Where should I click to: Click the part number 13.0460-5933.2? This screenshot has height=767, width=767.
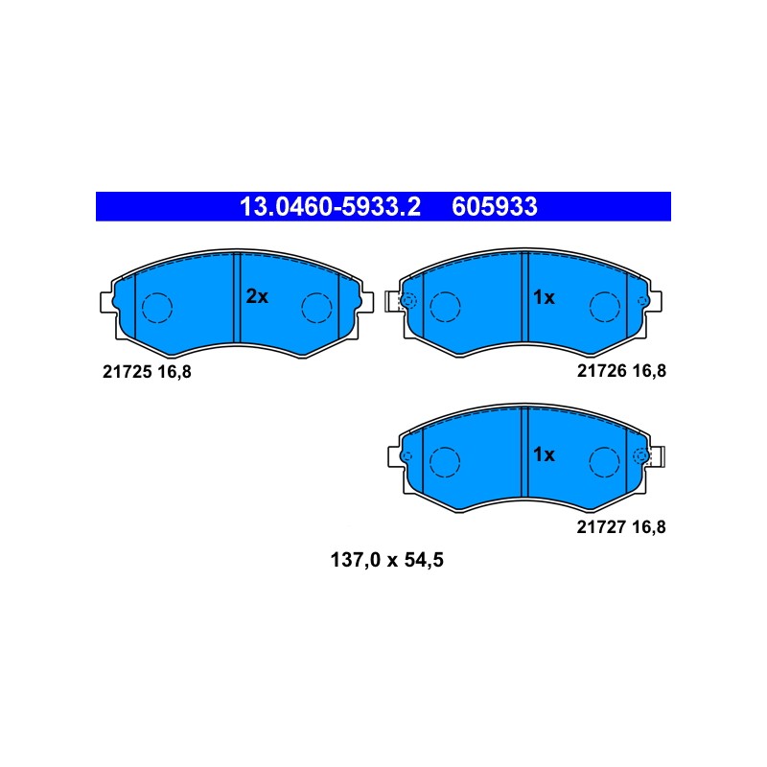click(x=330, y=206)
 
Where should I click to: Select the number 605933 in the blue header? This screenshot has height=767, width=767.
click(x=495, y=206)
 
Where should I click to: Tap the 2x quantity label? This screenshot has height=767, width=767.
click(x=257, y=296)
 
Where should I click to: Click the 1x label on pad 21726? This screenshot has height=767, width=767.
click(x=544, y=297)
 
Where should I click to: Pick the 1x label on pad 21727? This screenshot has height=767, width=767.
click(x=544, y=454)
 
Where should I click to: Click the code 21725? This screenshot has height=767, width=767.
click(x=127, y=372)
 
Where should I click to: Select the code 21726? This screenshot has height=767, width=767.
click(x=602, y=371)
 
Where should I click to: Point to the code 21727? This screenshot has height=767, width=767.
click(x=601, y=526)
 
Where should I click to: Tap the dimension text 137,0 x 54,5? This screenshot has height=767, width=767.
click(x=387, y=560)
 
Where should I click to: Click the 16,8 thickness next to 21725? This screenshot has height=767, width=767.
click(x=174, y=372)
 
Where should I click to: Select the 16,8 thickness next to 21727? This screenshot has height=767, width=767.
click(x=649, y=527)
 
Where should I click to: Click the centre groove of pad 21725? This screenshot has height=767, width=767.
click(x=237, y=298)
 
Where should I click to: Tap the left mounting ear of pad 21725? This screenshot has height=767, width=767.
click(x=107, y=302)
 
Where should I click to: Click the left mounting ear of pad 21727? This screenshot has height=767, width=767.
click(x=395, y=457)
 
